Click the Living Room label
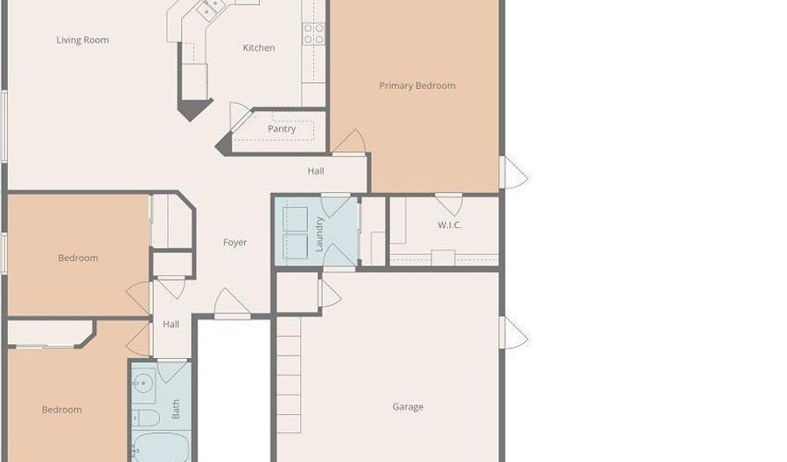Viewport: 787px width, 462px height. pyautogui.click(x=82, y=40)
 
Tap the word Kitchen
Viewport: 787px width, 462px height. pyautogui.click(x=259, y=48)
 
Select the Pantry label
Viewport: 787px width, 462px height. pyautogui.click(x=282, y=128)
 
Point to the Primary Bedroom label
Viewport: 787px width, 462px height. pyautogui.click(x=417, y=86)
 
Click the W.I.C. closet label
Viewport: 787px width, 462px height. pyautogui.click(x=449, y=225)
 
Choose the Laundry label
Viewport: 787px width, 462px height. pyautogui.click(x=319, y=234)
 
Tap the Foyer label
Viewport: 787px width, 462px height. pyautogui.click(x=234, y=243)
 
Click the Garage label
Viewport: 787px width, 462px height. pyautogui.click(x=407, y=407)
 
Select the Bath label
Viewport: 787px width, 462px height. pyautogui.click(x=176, y=410)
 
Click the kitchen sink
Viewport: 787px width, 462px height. pyautogui.click(x=210, y=9)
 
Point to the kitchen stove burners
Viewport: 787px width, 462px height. pyautogui.click(x=314, y=33)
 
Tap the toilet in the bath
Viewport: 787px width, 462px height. pyautogui.click(x=145, y=417)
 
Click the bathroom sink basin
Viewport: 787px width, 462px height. pyautogui.click(x=143, y=385)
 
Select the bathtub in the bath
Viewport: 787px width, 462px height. pyautogui.click(x=160, y=447)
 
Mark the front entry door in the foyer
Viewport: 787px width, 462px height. pyautogui.click(x=232, y=304)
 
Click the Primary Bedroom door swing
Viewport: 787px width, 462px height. pyautogui.click(x=349, y=141)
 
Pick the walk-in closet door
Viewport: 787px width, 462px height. pyautogui.click(x=449, y=204)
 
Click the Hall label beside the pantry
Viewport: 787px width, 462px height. pyautogui.click(x=316, y=171)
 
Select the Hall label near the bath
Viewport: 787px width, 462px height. pyautogui.click(x=171, y=324)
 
